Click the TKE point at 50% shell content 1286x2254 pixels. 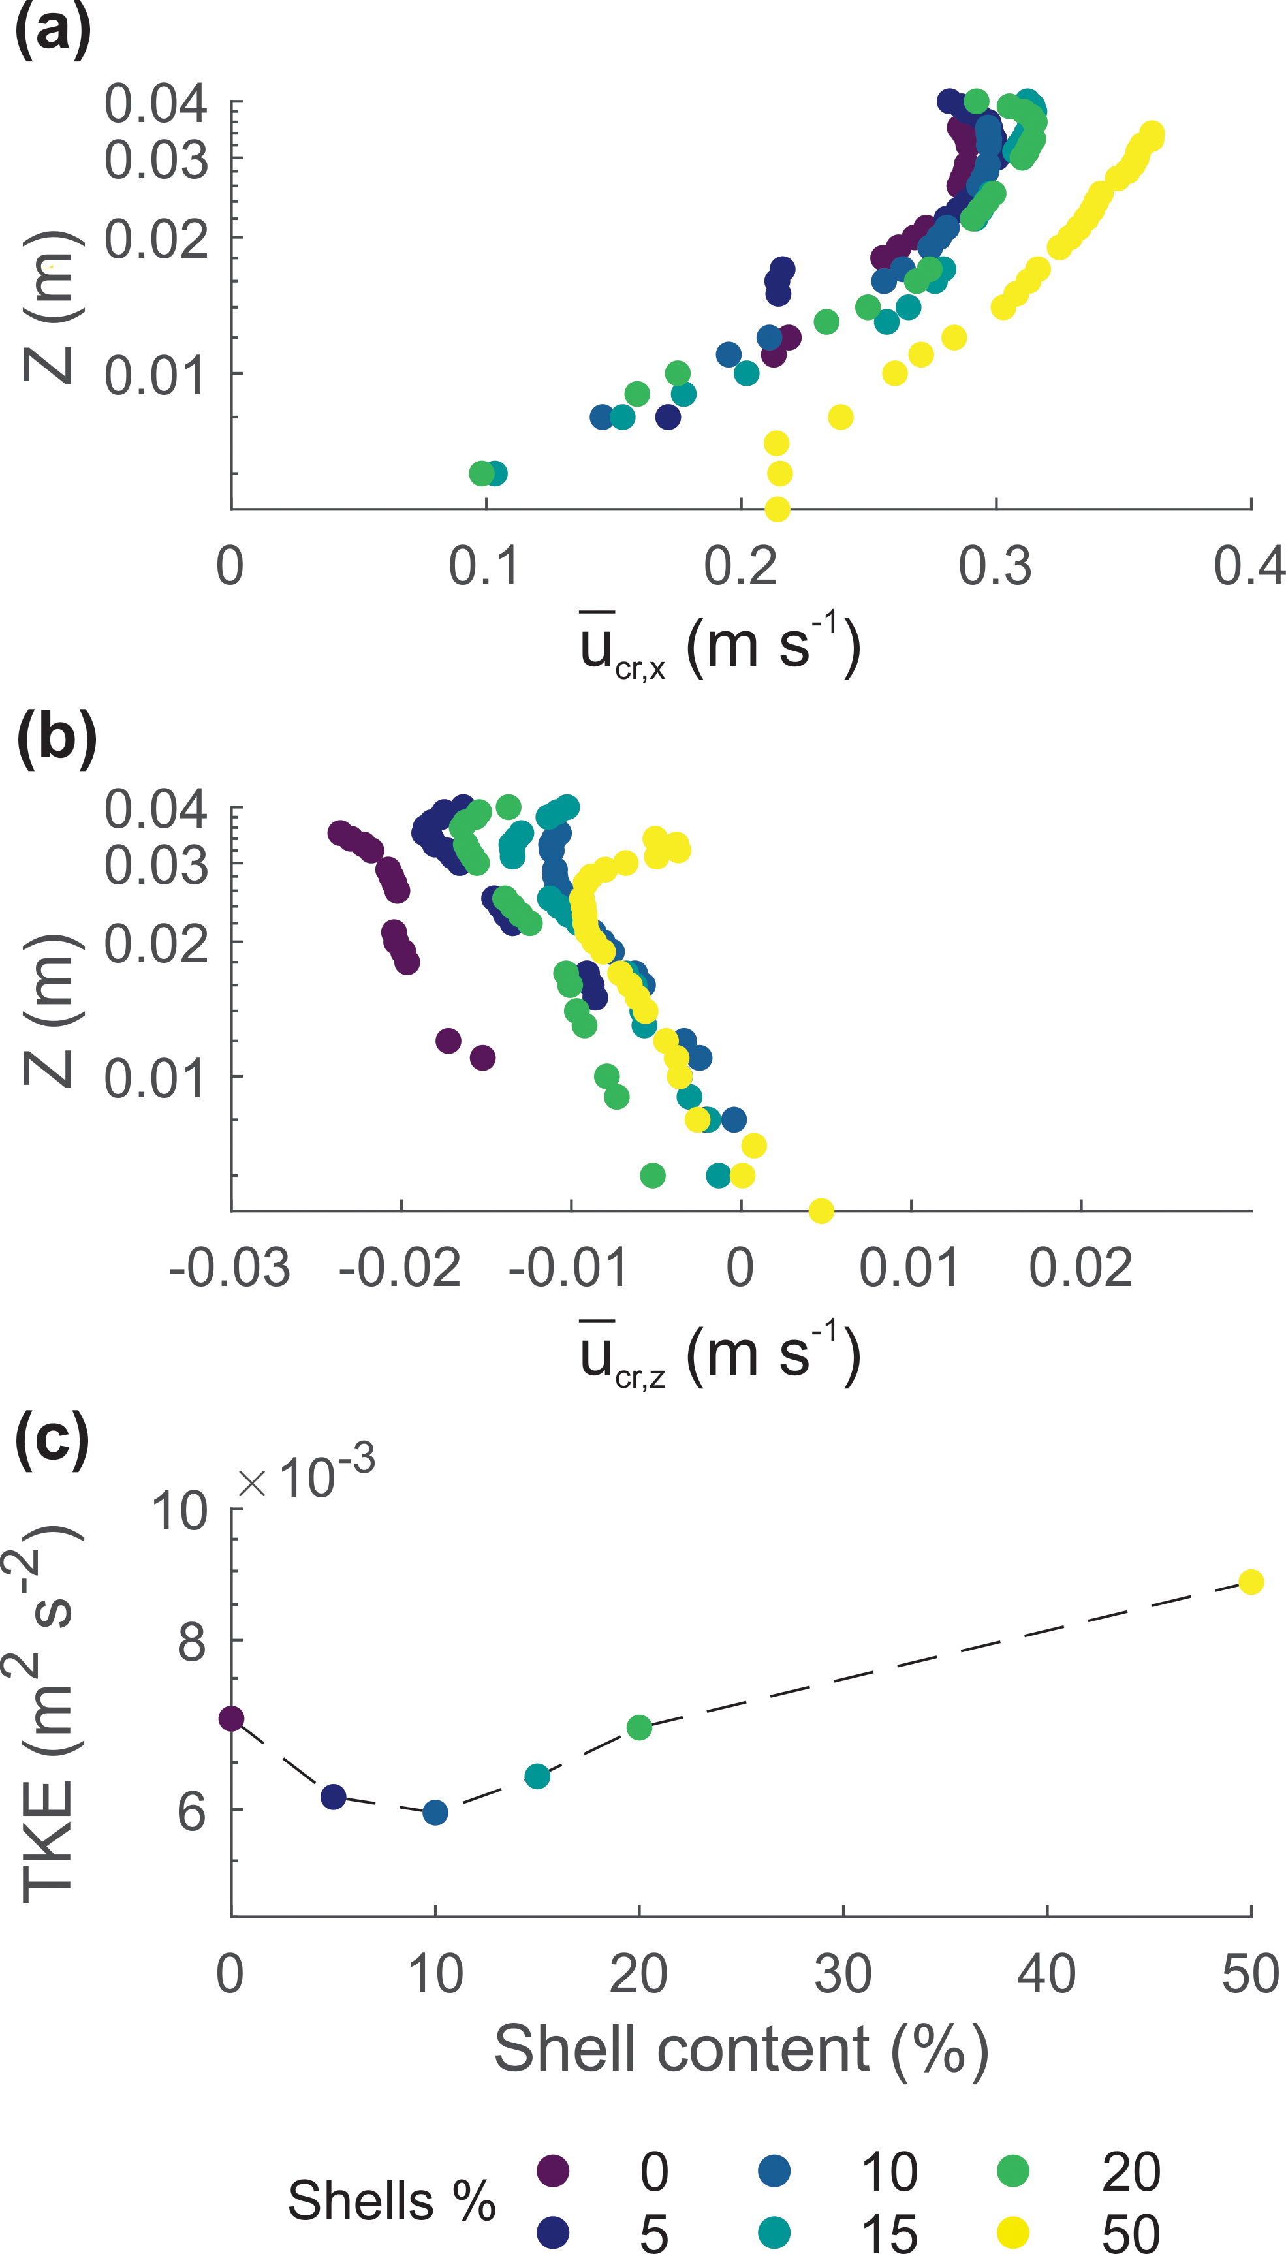coord(1250,1582)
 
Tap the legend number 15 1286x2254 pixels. coord(889,2234)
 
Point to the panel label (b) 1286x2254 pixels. coord(55,738)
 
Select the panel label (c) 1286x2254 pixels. coord(53,1441)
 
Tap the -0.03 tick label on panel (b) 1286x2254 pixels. coord(230,1268)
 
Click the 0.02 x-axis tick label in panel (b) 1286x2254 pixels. coord(1080,1268)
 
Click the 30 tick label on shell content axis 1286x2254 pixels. coord(843,1975)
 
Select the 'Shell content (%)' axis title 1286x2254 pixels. coord(740,2049)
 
